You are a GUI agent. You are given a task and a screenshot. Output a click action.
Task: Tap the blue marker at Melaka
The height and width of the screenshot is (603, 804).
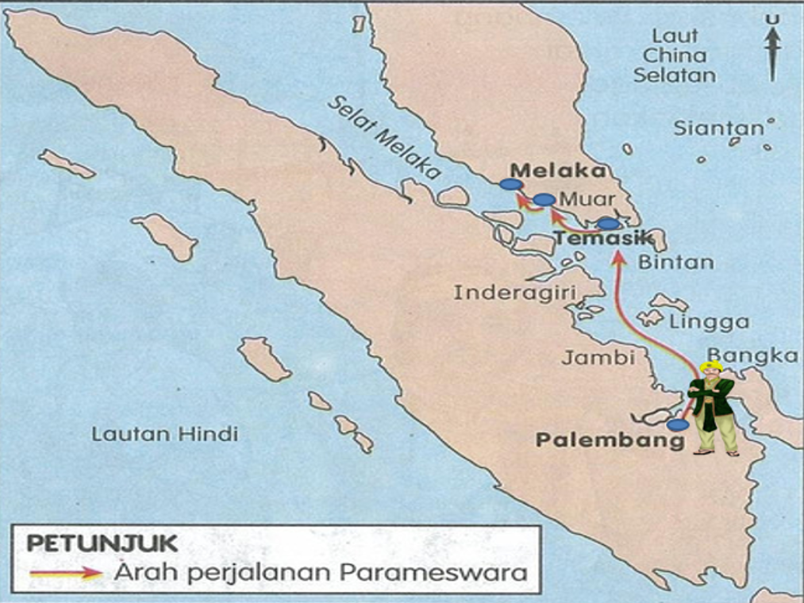511,184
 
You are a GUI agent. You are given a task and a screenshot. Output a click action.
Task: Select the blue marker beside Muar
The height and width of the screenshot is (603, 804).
544,199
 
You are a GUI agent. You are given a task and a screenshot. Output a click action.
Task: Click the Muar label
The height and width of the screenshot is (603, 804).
587,199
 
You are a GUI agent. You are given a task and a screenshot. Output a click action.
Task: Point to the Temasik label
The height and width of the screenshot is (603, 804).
602,237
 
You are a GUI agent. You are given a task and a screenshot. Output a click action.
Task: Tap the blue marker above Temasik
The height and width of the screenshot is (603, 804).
607,224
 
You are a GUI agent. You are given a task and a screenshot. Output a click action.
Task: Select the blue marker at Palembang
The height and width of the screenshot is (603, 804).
677,424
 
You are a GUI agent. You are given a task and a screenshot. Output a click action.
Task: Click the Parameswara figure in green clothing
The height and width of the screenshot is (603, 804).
712,409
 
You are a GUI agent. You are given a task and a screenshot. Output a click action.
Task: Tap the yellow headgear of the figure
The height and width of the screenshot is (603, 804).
712,367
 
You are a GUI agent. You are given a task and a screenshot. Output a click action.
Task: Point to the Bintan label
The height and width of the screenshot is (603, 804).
664,262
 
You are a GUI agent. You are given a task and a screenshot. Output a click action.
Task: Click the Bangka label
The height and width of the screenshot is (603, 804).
752,355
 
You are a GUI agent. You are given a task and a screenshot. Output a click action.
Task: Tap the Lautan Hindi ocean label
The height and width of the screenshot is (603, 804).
164,434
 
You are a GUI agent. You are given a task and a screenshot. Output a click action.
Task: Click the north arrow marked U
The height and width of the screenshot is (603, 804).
772,49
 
